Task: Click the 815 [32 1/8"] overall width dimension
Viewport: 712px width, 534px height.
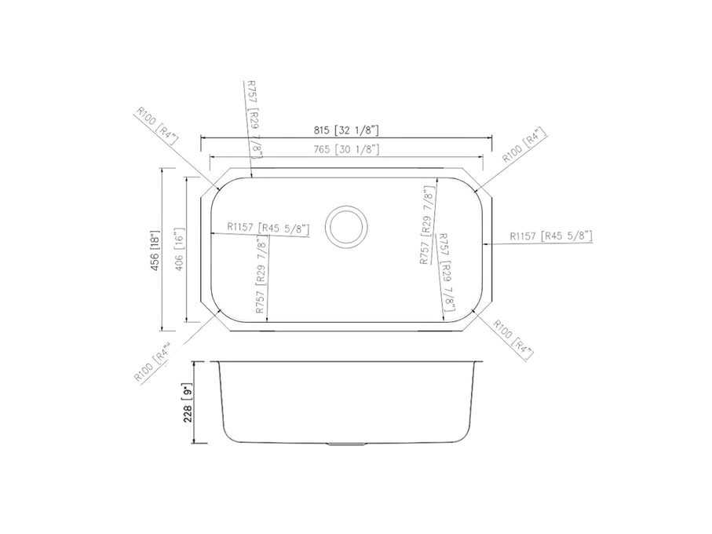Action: pos(346,130)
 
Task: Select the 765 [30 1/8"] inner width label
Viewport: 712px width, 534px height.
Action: pos(346,149)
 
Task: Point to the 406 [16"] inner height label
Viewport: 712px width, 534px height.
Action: pos(179,249)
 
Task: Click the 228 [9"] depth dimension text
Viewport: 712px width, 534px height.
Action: pos(188,403)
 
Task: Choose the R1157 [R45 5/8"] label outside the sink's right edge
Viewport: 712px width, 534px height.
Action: pos(551,236)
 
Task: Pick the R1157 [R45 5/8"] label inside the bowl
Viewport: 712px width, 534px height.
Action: pos(268,228)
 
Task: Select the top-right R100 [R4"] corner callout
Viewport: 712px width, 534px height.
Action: pos(524,145)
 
